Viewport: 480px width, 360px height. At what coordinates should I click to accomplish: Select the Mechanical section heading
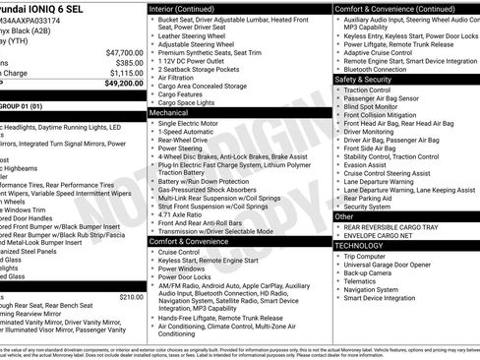pyautogui.click(x=169, y=113)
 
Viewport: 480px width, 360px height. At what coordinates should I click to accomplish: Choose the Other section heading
pyautogui.click(x=344, y=215)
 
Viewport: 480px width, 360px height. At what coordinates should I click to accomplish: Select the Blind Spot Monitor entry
pyautogui.click(x=374, y=106)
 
